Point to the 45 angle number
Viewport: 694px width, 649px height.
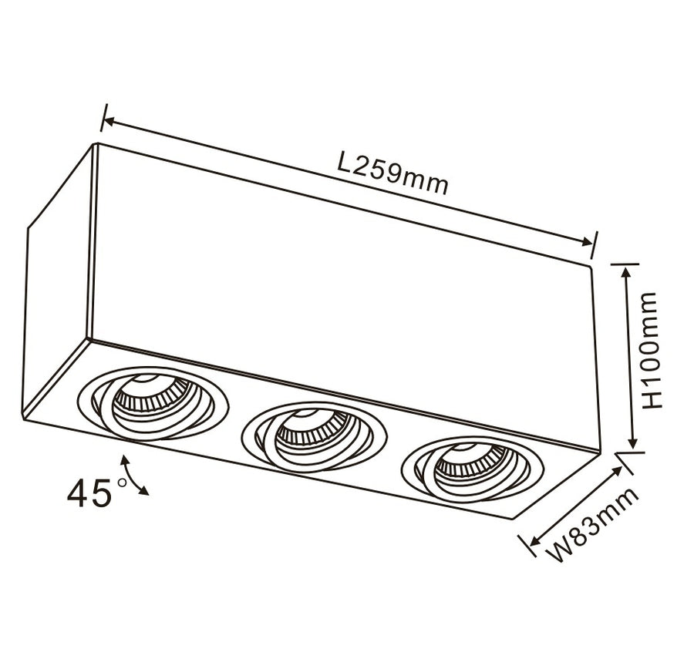pyautogui.click(x=89, y=494)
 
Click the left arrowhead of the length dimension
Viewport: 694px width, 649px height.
pyautogui.click(x=109, y=122)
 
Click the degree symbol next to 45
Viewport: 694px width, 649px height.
pyautogui.click(x=121, y=483)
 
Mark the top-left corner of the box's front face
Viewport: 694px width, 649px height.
pyautogui.click(x=95, y=146)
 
